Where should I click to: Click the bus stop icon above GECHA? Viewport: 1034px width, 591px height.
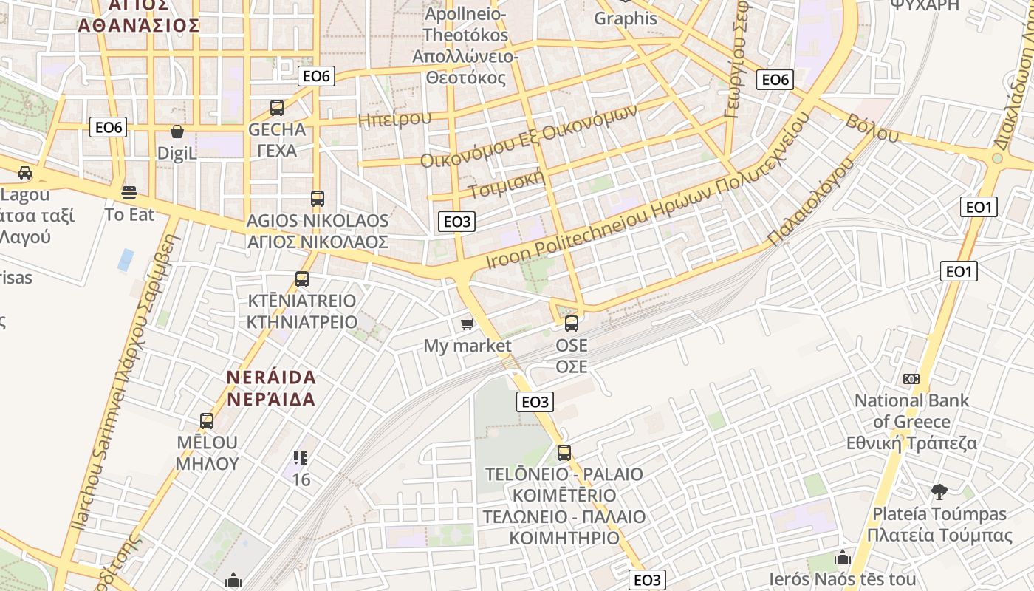point(277,108)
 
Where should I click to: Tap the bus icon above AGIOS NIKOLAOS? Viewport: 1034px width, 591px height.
point(318,199)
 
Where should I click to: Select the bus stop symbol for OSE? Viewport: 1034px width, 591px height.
point(572,324)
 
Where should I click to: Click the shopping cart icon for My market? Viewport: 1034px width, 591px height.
point(467,324)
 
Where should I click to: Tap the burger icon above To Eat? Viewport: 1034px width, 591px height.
point(130,194)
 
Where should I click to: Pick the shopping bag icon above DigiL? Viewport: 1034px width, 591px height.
point(177,132)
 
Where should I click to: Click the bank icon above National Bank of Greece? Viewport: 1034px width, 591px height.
point(911,379)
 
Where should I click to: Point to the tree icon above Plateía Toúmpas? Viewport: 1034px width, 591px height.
point(939,491)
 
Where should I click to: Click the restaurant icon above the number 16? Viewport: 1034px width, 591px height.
point(301,458)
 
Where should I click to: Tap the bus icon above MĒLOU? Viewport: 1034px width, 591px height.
point(207,421)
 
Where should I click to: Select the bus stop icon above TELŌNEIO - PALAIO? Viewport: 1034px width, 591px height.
point(564,453)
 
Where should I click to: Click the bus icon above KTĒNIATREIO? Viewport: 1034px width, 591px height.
point(301,279)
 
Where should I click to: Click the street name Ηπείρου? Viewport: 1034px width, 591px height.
point(394,119)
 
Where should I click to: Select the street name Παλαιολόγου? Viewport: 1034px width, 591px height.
point(810,202)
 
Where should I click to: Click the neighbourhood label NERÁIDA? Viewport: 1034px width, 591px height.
point(271,378)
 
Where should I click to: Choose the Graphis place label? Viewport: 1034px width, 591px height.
point(626,18)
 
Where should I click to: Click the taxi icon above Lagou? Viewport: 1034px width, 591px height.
point(25,173)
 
